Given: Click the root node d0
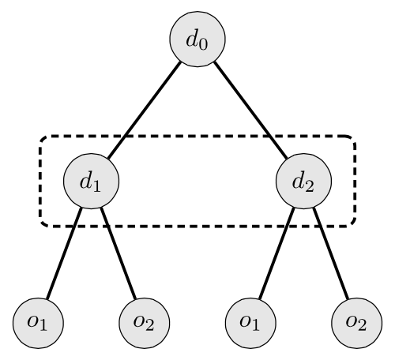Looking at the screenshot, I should point(196,39).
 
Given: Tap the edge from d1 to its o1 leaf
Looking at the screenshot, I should point(62,253).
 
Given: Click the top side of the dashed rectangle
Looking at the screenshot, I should point(197,137).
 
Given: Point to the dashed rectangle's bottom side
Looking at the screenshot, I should point(197,227).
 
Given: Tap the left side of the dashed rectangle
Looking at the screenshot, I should point(40,182).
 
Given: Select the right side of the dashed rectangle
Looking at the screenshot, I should point(355,182).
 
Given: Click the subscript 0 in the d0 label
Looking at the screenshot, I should point(203,43).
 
